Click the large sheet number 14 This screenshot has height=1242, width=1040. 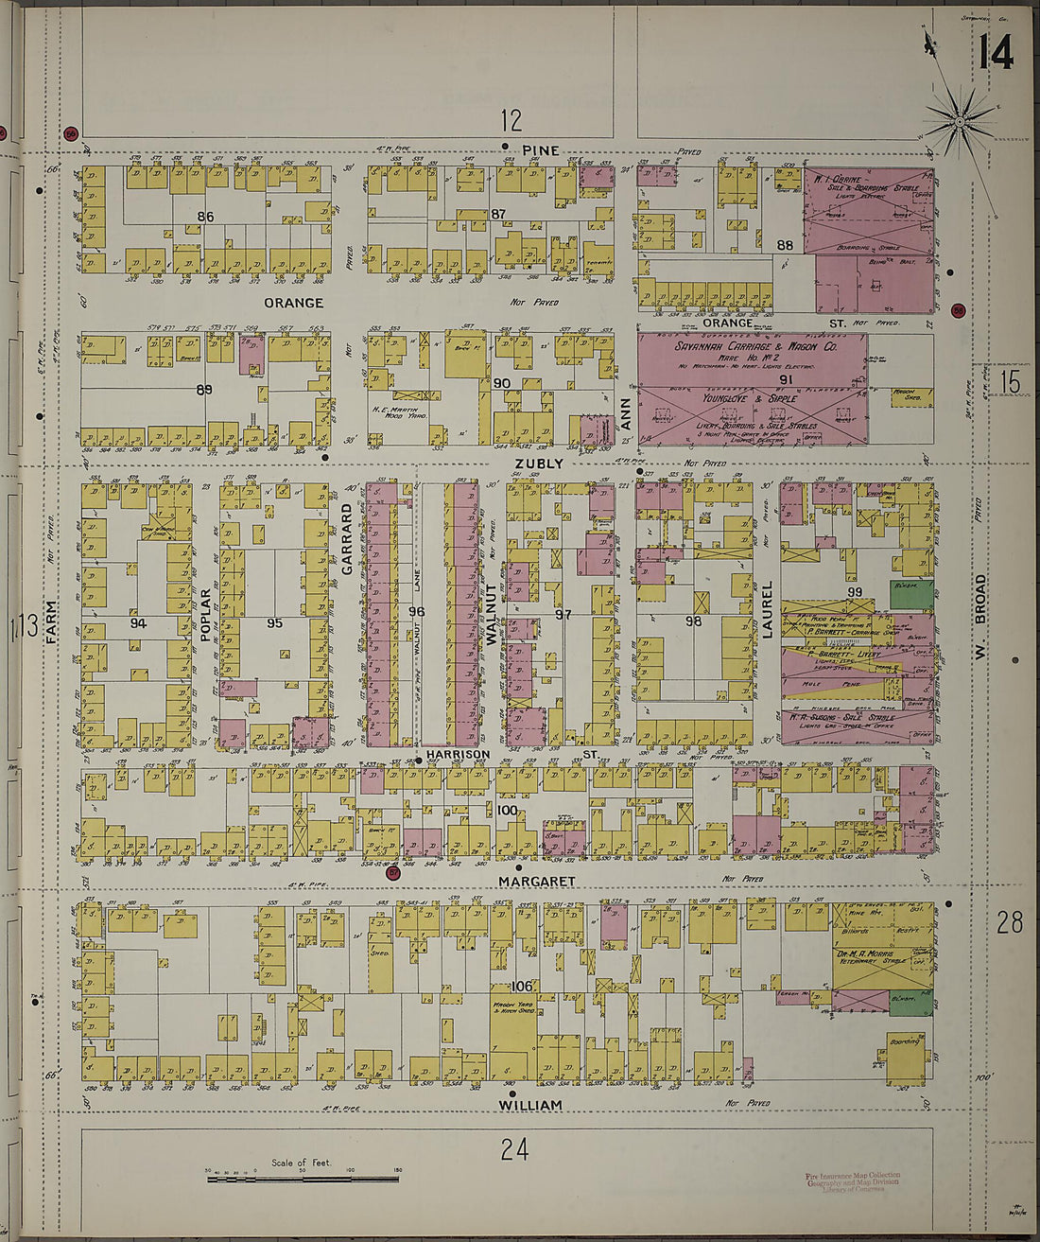point(996,52)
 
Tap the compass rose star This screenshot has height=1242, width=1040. point(960,122)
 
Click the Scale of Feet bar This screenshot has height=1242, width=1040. point(303,1179)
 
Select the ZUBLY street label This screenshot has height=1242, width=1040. point(539,464)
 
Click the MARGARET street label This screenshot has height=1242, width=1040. point(536,881)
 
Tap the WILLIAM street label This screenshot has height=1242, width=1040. point(530,1105)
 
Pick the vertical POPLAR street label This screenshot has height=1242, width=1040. point(206,615)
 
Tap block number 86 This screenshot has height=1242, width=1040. point(205,217)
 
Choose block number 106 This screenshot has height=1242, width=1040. point(522,987)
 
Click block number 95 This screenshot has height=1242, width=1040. point(274,623)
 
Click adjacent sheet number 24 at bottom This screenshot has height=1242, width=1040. point(514,1149)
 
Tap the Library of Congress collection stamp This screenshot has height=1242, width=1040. point(852,1182)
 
